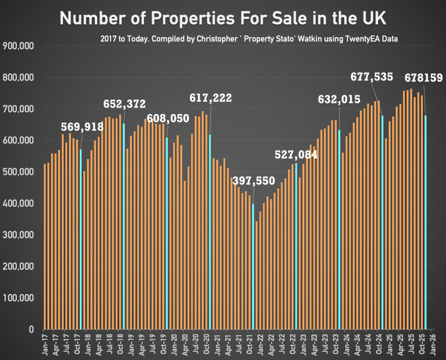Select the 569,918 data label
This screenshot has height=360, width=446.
click(82, 127)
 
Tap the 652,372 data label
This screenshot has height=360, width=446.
click(125, 104)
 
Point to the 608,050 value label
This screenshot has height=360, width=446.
click(168, 119)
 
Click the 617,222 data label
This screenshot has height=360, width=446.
click(211, 98)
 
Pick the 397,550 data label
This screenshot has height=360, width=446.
click(253, 181)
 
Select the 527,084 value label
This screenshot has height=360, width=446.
click(296, 155)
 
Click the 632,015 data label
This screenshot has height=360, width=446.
click(339, 99)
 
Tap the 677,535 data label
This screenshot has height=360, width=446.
click(372, 76)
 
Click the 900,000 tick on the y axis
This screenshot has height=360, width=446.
click(19, 46)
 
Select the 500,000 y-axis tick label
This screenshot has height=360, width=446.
click(19, 172)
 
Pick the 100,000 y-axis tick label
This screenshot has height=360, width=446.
click(19, 298)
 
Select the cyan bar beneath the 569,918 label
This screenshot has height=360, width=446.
click(81, 232)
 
